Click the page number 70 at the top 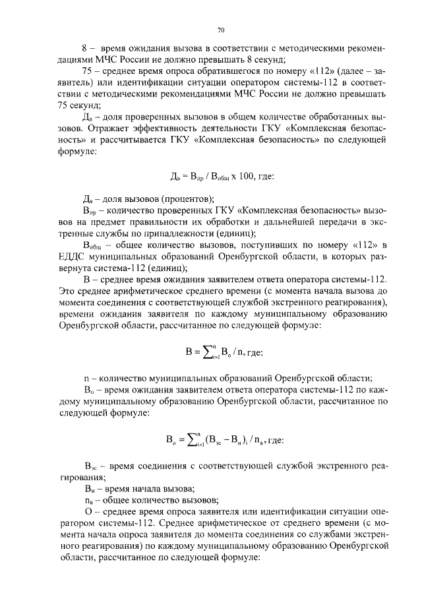[x=221, y=30]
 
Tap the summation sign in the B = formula [x=194, y=351]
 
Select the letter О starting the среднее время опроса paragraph [x=86, y=512]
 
